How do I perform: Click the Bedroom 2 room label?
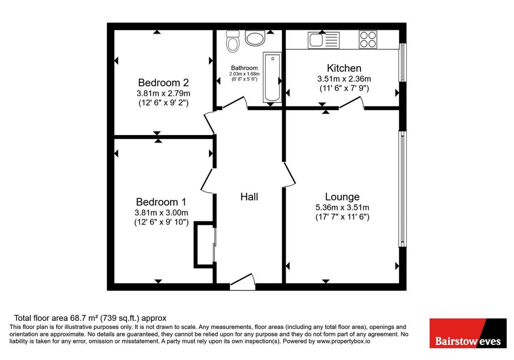click(x=163, y=82)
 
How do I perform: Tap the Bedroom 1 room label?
click(x=161, y=202)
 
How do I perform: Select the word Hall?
click(x=249, y=197)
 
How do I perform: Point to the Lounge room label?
click(x=342, y=197)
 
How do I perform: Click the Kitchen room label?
click(x=344, y=68)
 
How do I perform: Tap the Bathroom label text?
click(x=244, y=68)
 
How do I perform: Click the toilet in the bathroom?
click(x=232, y=41)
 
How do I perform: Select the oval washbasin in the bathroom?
click(x=254, y=38)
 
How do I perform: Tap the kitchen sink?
click(x=324, y=40)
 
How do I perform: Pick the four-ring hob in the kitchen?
click(x=368, y=39)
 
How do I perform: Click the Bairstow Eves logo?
click(x=468, y=333)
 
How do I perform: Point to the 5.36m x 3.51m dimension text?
click(x=342, y=207)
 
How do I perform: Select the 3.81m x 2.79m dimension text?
click(x=163, y=93)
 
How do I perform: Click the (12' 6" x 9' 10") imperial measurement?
click(x=161, y=222)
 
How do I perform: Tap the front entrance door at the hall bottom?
click(x=242, y=282)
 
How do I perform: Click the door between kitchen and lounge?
click(x=351, y=102)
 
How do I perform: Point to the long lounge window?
click(x=402, y=189)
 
